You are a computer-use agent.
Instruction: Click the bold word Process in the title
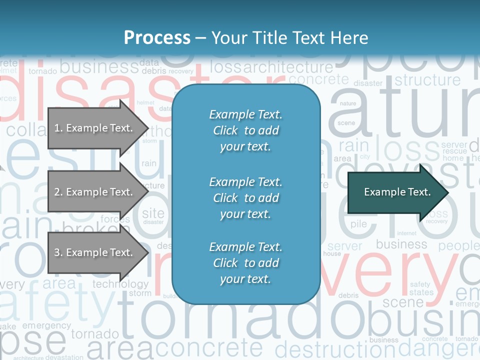tap(157, 38)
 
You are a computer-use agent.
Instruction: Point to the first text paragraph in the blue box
tap(245, 130)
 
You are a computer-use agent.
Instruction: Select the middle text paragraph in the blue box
tap(245, 198)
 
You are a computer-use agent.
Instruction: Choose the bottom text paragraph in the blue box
tap(245, 263)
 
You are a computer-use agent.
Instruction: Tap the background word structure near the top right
tap(427, 80)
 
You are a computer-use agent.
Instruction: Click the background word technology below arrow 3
tap(120, 284)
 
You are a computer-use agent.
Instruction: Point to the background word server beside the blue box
tap(344, 246)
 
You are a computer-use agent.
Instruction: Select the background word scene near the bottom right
tap(403, 302)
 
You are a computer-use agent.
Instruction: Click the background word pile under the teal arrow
tap(358, 224)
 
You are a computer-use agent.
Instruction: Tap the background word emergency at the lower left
tap(46, 325)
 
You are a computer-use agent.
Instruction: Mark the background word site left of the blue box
tap(153, 213)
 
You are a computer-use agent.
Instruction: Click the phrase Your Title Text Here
tap(289, 38)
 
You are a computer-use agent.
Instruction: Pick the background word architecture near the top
tap(287, 67)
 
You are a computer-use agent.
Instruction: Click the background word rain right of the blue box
tap(353, 146)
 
